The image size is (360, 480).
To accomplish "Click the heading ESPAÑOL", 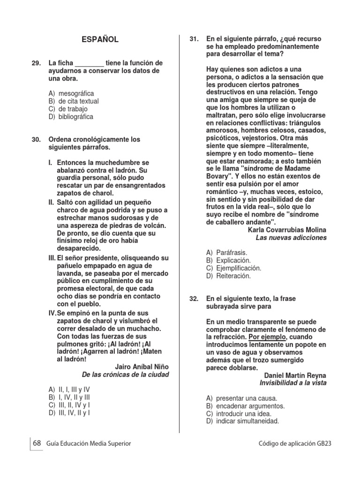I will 100,40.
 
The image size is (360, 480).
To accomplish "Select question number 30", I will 37,140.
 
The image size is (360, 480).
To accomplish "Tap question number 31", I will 195,39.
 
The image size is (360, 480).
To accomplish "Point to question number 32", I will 195,299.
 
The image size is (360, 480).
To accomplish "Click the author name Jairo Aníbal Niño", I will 142,367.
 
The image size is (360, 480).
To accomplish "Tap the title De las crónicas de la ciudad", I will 125,375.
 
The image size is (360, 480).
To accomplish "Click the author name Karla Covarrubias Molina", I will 286,230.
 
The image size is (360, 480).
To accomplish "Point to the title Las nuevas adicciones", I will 291,238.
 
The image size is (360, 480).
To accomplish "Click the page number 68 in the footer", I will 37,443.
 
